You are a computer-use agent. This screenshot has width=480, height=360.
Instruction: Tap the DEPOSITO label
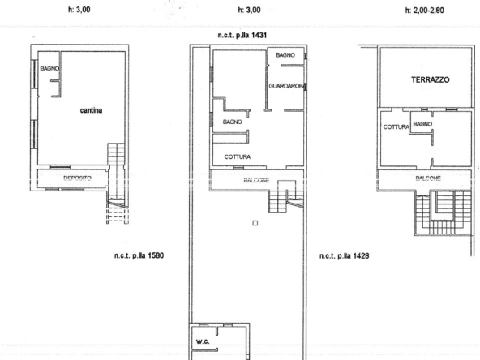pos(76,177)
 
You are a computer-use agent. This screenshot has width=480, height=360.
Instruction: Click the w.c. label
pos(204,341)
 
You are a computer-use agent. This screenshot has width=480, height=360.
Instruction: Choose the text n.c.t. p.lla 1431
pos(247,36)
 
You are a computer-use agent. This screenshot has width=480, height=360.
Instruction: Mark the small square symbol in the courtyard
pos(255,224)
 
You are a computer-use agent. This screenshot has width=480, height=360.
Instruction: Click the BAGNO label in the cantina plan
pos(42,69)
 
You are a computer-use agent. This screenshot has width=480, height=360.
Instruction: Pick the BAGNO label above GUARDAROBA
pos(285,55)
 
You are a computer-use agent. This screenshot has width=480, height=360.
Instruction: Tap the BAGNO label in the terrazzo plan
pos(422,124)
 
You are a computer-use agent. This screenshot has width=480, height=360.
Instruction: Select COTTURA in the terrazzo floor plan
pos(394,127)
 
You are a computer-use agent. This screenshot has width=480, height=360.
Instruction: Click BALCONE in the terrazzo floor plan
pos(428,178)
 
